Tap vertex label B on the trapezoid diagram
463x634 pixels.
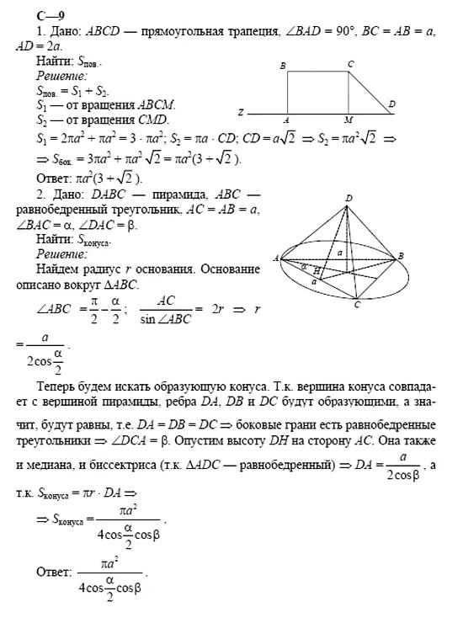tap(284, 65)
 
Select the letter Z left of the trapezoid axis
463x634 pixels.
tap(241, 111)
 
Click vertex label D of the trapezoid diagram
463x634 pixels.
tap(392, 104)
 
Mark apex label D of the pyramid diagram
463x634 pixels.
tap(349, 199)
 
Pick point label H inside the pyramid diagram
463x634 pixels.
tap(317, 270)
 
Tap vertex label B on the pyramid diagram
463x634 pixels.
tap(401, 255)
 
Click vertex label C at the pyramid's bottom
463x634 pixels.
tap(357, 305)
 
